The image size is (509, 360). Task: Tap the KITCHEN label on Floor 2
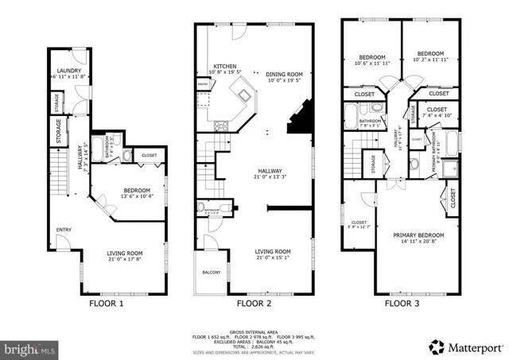[x=224, y=66]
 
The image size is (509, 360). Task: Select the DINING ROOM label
[x=283, y=72]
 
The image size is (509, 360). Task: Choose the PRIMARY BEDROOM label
[x=418, y=235]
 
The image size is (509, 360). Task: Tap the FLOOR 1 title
[x=105, y=303]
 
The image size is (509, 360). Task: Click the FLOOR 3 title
[x=403, y=303]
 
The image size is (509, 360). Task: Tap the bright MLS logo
[x=29, y=348]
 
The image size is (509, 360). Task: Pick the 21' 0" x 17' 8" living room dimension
[x=125, y=257]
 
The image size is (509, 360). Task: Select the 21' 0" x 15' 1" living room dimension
[x=273, y=257]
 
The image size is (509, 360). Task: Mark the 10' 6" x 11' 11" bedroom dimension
[x=371, y=64]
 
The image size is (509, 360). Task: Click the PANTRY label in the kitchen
[x=202, y=83]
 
